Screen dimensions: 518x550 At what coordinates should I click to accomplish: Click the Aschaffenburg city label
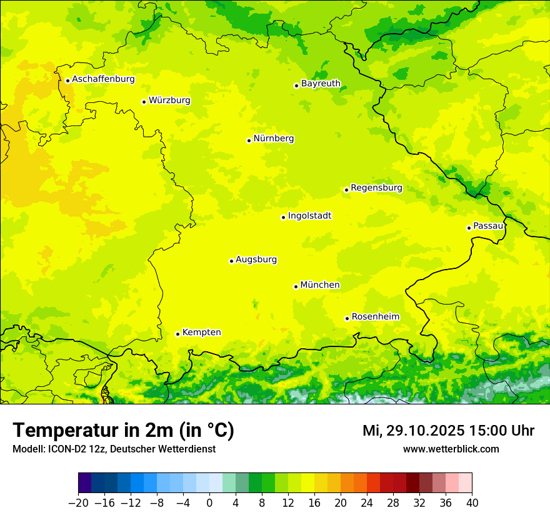103,79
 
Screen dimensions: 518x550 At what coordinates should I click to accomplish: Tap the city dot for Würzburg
144,102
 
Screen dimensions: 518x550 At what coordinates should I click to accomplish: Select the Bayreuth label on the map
321,83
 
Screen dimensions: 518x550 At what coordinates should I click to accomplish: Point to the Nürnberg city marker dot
249,140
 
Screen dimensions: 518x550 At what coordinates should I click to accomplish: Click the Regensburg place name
376,188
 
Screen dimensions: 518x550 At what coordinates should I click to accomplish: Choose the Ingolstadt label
309,216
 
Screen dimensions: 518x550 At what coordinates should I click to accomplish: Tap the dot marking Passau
469,228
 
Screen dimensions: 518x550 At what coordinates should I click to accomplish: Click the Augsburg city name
256,260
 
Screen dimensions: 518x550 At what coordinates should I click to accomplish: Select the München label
320,285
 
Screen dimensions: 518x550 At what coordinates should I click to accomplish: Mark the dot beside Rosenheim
347,318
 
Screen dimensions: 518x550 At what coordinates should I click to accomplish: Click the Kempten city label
201,333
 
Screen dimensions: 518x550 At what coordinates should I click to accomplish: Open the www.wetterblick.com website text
451,449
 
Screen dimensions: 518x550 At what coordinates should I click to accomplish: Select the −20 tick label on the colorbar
78,503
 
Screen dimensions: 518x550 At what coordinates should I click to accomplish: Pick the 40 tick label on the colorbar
472,503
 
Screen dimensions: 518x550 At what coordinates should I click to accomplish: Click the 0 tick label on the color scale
209,503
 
